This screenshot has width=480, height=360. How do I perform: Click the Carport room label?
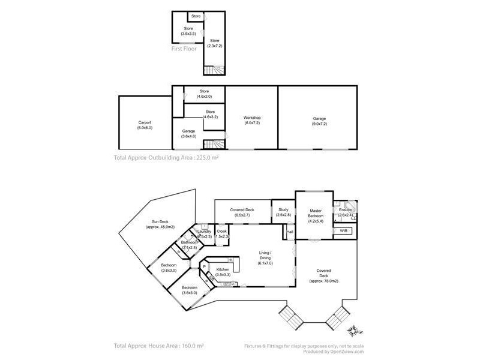tap(145, 125)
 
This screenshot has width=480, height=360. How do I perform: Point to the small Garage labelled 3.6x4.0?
tap(189, 134)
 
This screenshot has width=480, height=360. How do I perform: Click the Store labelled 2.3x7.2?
tap(215, 43)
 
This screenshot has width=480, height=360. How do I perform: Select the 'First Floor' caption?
tap(185, 49)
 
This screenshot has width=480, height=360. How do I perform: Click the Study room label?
tap(283, 212)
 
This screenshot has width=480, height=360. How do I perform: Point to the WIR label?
tap(344, 231)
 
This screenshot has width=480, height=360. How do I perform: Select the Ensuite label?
tap(345, 212)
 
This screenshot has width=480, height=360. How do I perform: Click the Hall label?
tap(290, 232)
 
